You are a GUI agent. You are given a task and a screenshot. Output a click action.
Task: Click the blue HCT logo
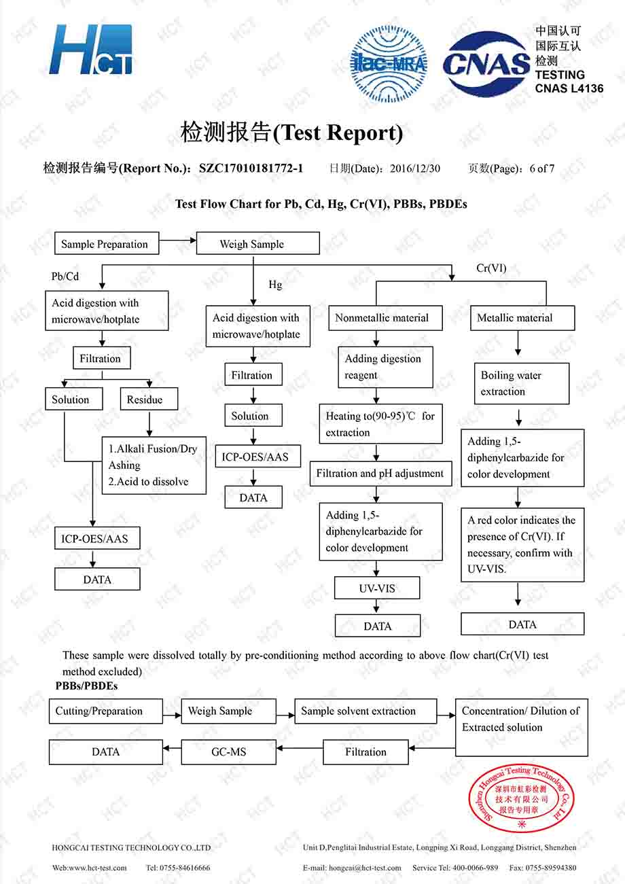point(91,50)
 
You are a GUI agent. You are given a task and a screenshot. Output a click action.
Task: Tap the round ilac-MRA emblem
point(389,64)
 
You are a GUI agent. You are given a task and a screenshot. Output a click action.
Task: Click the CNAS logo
point(486,64)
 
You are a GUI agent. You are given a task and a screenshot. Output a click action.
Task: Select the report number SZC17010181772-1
point(251,169)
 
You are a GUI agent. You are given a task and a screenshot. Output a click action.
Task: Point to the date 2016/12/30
point(415,169)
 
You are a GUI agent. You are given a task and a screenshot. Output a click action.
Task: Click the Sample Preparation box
point(107,243)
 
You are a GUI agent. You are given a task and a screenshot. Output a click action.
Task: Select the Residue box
point(149,399)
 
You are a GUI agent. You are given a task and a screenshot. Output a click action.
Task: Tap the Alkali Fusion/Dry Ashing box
point(154,465)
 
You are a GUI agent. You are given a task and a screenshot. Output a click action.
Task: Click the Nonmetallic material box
point(385,318)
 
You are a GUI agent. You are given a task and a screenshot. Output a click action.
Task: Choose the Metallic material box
point(522,318)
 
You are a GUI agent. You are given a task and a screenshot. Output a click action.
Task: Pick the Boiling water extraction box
point(522,384)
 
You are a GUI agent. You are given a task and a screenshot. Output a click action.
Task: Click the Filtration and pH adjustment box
point(380,474)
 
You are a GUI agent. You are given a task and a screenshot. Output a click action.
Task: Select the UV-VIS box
point(377,588)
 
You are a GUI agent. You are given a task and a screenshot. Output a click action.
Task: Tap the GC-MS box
point(228,752)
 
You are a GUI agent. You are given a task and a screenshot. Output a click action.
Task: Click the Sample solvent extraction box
point(365,711)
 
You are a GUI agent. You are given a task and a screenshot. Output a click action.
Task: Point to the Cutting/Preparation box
point(106,711)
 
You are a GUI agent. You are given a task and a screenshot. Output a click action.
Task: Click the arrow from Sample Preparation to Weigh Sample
point(177,240)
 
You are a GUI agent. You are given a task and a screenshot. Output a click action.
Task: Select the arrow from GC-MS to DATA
point(172,748)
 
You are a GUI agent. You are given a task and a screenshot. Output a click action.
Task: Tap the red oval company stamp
point(521,798)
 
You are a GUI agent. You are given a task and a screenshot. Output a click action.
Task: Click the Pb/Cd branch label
point(65,277)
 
